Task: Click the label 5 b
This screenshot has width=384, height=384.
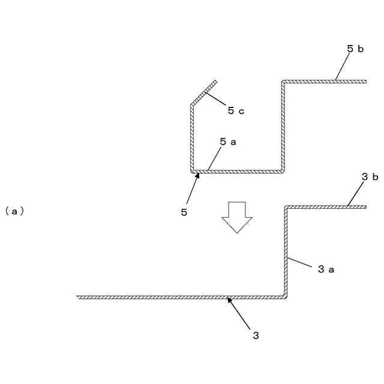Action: (x=356, y=49)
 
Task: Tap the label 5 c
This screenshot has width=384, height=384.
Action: (x=236, y=110)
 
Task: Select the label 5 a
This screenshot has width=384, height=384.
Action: (x=228, y=142)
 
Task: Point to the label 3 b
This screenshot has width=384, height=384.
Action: (x=370, y=177)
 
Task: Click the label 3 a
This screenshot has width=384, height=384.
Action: (x=326, y=269)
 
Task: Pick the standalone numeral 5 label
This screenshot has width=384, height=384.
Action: (x=184, y=212)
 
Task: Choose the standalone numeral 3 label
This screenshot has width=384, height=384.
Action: (x=256, y=335)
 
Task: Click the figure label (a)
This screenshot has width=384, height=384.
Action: (x=14, y=211)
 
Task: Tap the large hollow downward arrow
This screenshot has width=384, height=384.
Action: (x=237, y=217)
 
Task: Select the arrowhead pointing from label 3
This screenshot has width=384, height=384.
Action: (x=229, y=300)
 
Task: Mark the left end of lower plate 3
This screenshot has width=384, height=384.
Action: (x=78, y=297)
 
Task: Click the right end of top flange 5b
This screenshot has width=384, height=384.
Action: (x=365, y=81)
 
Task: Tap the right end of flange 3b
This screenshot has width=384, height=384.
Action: (x=365, y=207)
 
